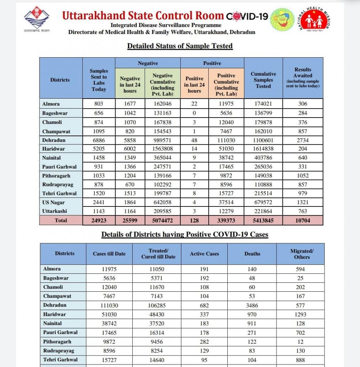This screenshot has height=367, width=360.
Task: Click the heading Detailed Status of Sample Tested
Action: click(180, 46)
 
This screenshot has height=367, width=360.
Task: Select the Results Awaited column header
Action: click(303, 78)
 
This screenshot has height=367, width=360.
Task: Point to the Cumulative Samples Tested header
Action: click(263, 80)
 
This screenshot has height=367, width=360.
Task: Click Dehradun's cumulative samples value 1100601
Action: click(263, 140)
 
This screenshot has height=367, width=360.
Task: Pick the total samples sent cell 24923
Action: click(99, 220)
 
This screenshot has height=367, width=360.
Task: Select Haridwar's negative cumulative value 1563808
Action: click(163, 149)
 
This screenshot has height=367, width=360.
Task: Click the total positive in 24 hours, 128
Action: click(194, 220)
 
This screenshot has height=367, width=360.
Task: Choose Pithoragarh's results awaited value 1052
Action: click(303, 176)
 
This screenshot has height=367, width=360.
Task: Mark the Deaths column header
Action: click(252, 254)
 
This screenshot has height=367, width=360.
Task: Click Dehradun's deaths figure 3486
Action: click(252, 305)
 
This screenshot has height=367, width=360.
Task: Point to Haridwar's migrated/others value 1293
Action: click(300, 314)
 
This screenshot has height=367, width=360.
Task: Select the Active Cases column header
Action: click(204, 254)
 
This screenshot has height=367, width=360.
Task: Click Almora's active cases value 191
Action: click(204, 269)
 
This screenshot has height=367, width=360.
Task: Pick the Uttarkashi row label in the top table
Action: click(55, 211)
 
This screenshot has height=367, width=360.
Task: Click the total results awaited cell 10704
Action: click(303, 220)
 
